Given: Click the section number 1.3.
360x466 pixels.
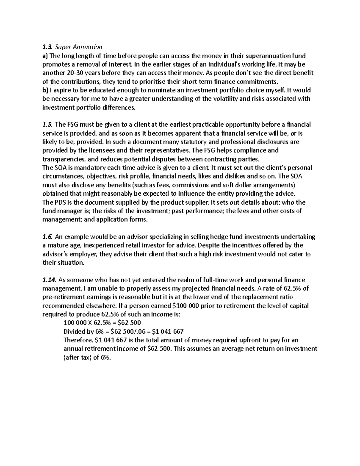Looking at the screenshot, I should [47, 47].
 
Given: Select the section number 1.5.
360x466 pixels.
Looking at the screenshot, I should [47, 125].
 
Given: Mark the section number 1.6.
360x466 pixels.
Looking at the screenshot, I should [47, 237].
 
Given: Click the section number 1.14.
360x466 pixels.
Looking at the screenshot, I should [49, 280].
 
